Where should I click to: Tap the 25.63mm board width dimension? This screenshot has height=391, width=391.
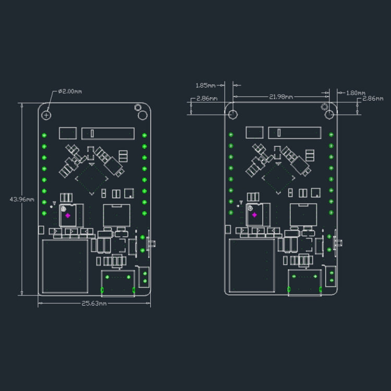pos(94,303)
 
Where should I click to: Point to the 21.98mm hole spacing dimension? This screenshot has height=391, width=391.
pos(281,96)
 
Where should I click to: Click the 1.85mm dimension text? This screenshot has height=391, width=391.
pos(205,85)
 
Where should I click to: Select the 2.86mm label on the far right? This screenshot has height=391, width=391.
pos(373,98)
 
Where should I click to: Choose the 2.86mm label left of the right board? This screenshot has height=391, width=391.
pos(206,98)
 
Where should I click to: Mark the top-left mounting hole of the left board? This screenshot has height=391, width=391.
pos(47,114)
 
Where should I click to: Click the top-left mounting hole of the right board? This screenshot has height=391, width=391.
pos(233,114)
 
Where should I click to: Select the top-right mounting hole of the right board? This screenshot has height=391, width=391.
pos(329,114)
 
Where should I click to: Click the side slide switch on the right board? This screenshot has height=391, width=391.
pos(338,242)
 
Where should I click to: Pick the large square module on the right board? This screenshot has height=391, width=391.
pos(252,266)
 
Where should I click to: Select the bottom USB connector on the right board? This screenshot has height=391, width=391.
pos(305,283)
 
